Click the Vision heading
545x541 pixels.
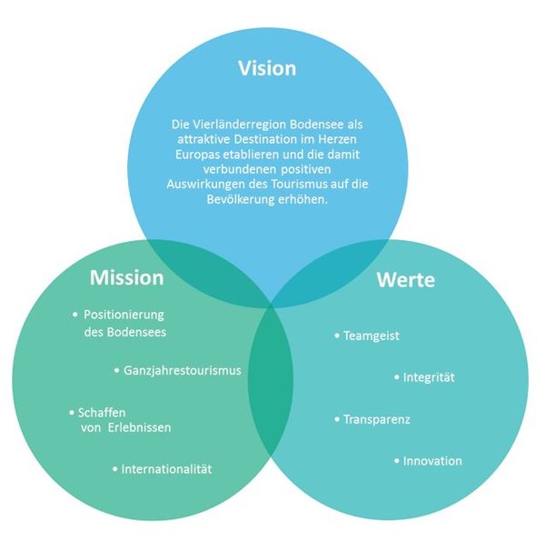click(266, 68)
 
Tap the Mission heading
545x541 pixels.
click(126, 277)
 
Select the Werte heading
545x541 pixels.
click(405, 279)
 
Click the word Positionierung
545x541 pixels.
click(124, 315)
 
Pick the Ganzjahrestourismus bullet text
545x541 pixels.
click(183, 371)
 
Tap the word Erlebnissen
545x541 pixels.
click(137, 426)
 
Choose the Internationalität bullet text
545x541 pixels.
click(166, 468)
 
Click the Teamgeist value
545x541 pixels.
click(372, 336)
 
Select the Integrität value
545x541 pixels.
click(430, 376)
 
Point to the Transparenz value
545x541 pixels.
click(377, 419)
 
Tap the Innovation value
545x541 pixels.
click(432, 460)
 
